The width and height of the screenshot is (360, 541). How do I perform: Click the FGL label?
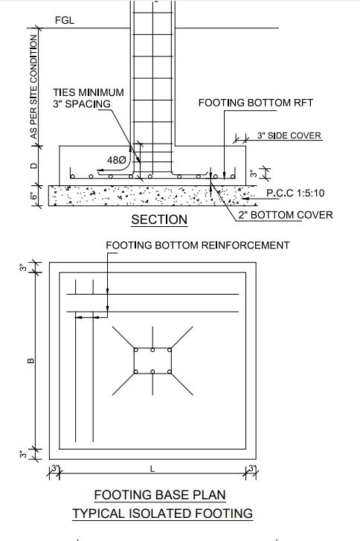[65, 20]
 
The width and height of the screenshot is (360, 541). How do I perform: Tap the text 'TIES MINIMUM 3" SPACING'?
[89, 98]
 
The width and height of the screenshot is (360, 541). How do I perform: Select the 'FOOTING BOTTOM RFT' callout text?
[256, 103]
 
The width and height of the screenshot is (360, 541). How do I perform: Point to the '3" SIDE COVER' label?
[289, 135]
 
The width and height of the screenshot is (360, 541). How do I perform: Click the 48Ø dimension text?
[117, 160]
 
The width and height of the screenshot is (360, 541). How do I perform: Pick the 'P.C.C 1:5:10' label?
[295, 193]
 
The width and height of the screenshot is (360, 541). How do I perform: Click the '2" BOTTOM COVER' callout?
[286, 215]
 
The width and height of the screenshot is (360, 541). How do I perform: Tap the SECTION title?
[159, 220]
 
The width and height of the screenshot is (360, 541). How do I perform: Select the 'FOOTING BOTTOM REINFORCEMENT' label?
[198, 246]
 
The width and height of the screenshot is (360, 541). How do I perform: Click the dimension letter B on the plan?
[30, 361]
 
